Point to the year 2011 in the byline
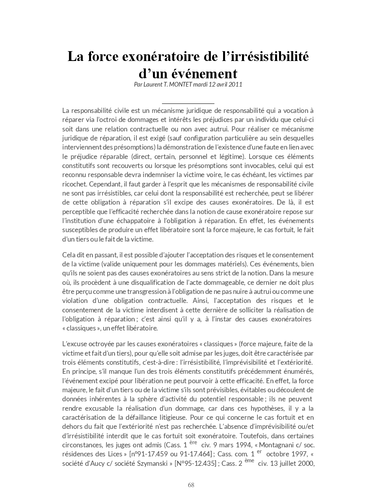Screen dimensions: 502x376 click(236, 84)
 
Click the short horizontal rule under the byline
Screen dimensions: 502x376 click(188, 103)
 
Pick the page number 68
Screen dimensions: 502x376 click(191, 485)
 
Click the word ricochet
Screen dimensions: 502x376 click(74, 184)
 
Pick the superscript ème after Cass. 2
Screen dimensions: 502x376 click(249, 460)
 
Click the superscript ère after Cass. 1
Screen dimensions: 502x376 click(193, 442)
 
